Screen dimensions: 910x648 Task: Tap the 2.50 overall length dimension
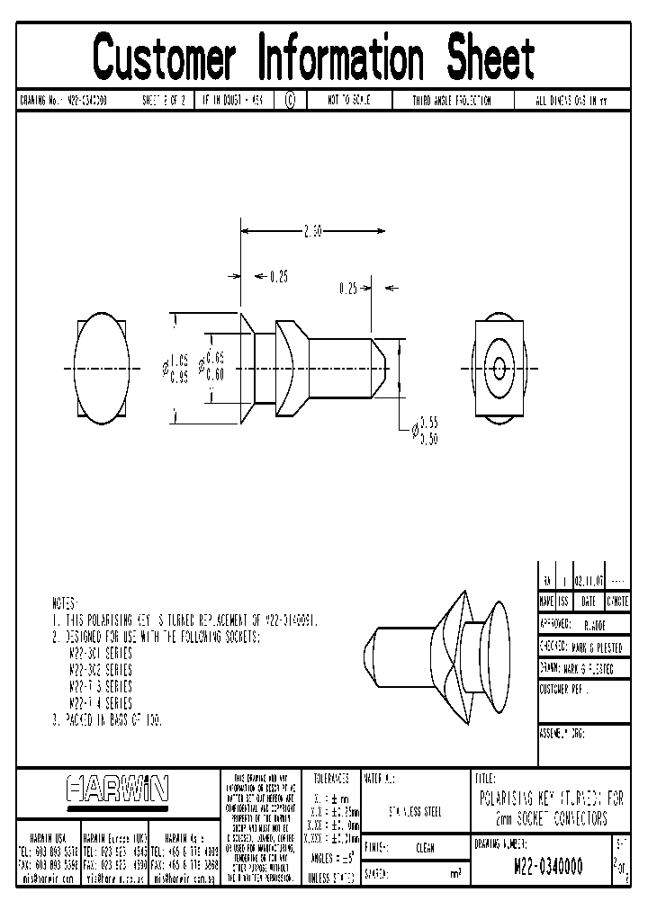tap(312, 232)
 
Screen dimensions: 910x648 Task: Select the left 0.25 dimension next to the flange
tap(279, 276)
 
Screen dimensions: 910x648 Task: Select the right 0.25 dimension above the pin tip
tap(348, 289)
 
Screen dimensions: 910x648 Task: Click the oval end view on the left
tap(102, 369)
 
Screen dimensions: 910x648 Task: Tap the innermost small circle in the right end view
tap(498, 369)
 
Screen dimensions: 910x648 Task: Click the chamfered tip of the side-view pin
tap(382, 369)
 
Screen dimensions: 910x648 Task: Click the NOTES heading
tap(65, 603)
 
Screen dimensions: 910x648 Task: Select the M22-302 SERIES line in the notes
tap(101, 671)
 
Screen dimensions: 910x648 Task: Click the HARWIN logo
tap(118, 790)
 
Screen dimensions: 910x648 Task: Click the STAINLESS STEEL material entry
tap(415, 811)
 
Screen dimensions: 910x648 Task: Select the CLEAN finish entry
tap(426, 847)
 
